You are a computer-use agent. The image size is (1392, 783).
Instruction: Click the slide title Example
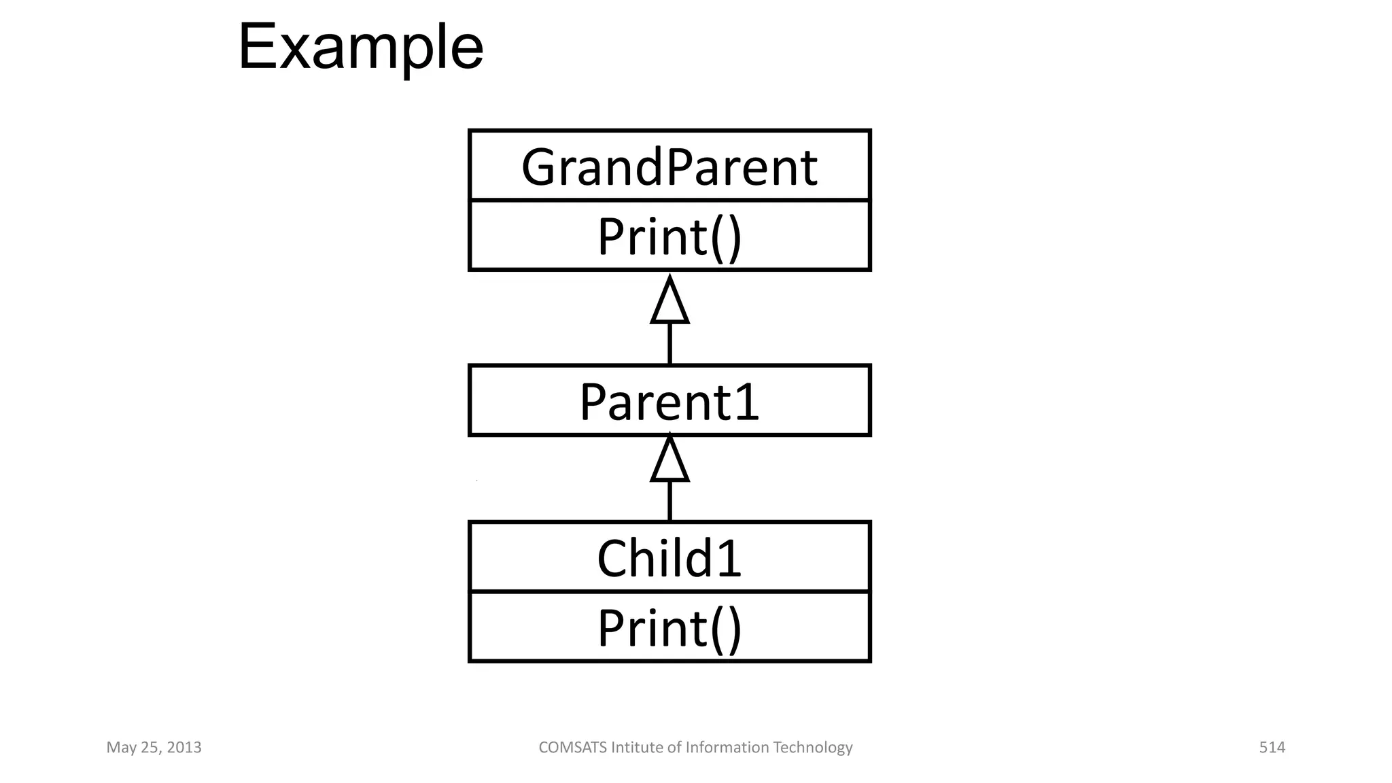click(x=360, y=48)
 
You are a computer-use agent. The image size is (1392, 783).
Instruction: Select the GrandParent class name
click(x=669, y=167)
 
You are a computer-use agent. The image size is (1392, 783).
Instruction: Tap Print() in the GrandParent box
click(x=669, y=237)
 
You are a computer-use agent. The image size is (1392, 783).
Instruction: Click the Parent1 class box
click(x=669, y=401)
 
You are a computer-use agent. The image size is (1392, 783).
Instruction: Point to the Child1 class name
click(x=669, y=558)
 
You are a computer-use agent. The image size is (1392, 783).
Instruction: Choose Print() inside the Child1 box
click(x=669, y=627)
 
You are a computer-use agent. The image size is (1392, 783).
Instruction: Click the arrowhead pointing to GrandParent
click(x=670, y=302)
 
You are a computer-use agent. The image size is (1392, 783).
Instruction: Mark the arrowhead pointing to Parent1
click(x=670, y=461)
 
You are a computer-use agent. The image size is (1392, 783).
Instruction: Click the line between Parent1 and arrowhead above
click(x=670, y=344)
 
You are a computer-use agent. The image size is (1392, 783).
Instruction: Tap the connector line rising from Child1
click(x=670, y=501)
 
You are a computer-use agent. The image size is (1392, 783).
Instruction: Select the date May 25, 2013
click(x=154, y=748)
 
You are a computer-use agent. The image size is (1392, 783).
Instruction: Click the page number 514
click(x=1272, y=748)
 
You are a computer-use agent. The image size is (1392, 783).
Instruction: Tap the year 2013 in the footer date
click(x=184, y=748)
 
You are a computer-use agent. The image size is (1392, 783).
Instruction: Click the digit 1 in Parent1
click(x=747, y=402)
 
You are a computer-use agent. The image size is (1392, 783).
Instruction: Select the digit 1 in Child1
click(x=729, y=558)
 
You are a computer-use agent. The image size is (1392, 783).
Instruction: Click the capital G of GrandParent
click(x=540, y=167)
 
